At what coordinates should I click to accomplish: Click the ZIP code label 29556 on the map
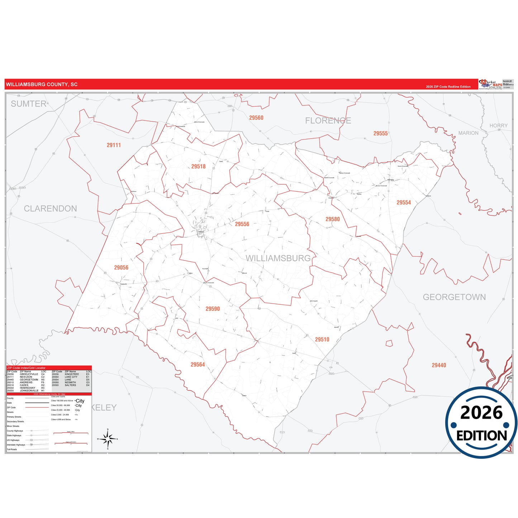click(x=242, y=224)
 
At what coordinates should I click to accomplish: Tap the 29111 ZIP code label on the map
click(x=114, y=145)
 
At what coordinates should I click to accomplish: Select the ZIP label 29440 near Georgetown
click(x=439, y=365)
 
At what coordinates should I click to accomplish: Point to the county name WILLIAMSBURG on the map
click(x=278, y=258)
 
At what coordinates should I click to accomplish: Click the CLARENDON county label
click(x=50, y=209)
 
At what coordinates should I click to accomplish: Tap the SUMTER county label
click(x=29, y=104)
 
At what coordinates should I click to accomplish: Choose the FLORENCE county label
click(x=328, y=121)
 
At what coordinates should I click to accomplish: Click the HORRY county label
click(x=498, y=126)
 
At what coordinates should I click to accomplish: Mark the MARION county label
click(x=468, y=133)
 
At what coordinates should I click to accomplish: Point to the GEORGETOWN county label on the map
click(x=454, y=297)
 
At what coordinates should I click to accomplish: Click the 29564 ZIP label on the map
click(x=198, y=365)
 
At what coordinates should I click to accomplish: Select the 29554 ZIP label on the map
click(x=404, y=203)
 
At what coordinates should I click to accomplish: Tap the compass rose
click(x=108, y=438)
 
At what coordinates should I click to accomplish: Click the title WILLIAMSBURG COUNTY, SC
click(x=42, y=85)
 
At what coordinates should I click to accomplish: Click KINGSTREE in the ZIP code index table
click(x=72, y=374)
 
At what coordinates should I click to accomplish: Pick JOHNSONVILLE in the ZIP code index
click(x=29, y=391)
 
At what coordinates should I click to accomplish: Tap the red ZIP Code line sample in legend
click(x=37, y=408)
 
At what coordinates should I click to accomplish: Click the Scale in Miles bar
click(x=71, y=433)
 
